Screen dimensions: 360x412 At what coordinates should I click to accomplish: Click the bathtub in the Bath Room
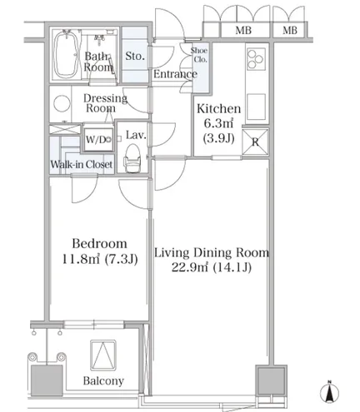[66, 53]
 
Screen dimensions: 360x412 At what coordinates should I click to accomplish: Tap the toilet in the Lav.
[132, 159]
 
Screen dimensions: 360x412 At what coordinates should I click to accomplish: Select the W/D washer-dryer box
[98, 140]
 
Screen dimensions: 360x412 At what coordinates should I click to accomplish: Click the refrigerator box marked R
[255, 141]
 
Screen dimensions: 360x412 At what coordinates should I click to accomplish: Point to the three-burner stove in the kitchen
[256, 59]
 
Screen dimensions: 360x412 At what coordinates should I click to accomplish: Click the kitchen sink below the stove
[256, 107]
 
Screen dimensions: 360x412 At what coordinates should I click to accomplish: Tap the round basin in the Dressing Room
[62, 103]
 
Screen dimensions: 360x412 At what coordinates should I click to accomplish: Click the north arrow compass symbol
[329, 392]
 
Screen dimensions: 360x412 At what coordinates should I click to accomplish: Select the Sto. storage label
[135, 56]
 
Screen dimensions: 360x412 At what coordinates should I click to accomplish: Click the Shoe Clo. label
[199, 55]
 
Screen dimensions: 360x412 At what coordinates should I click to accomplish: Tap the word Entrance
[175, 74]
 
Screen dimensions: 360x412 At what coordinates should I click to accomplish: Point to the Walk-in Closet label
[82, 165]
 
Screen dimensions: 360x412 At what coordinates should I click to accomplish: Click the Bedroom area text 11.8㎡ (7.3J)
[100, 259]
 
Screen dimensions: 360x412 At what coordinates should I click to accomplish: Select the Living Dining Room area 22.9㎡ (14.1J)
[212, 267]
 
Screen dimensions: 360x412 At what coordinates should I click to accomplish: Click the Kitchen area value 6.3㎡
[218, 123]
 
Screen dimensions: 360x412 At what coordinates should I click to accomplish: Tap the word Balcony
[103, 381]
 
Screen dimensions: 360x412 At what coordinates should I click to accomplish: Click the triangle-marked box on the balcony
[103, 355]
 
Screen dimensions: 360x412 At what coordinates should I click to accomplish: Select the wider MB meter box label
[243, 30]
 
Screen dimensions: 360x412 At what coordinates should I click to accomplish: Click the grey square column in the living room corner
[271, 380]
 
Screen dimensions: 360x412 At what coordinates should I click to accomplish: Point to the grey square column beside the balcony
[47, 380]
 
